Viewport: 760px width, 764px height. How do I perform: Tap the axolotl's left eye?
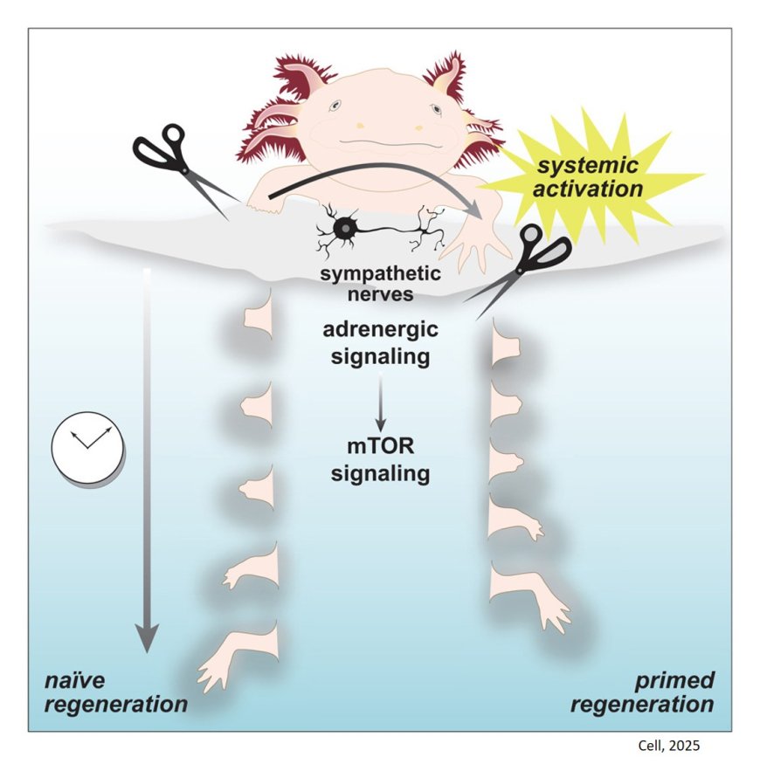click(x=335, y=107)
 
